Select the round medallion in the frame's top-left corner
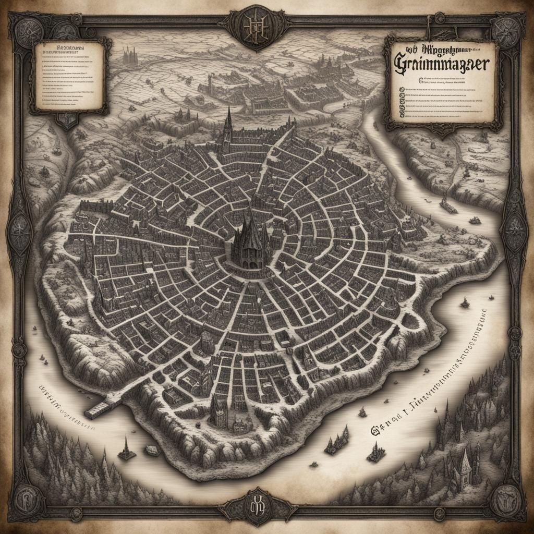click(23, 26)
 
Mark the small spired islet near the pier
click(126, 450)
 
